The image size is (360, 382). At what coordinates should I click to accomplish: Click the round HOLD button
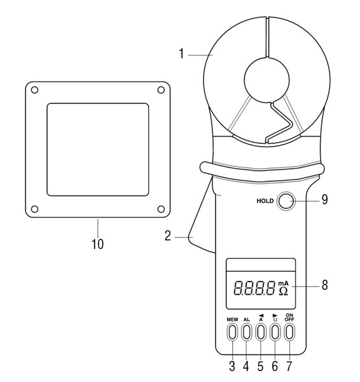point(286,201)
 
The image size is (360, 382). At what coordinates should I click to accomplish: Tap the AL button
point(246,332)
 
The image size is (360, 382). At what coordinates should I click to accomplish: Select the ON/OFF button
point(289,332)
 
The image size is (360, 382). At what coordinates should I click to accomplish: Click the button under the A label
point(261,332)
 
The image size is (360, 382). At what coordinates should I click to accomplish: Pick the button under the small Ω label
point(275,332)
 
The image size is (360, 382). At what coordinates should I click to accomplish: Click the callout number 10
point(97,244)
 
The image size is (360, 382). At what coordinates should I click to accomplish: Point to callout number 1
point(181,53)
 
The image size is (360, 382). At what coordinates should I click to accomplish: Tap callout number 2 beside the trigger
point(168,236)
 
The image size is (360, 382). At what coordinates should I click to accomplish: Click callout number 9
point(325,199)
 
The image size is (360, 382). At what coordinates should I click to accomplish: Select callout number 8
point(325,285)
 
